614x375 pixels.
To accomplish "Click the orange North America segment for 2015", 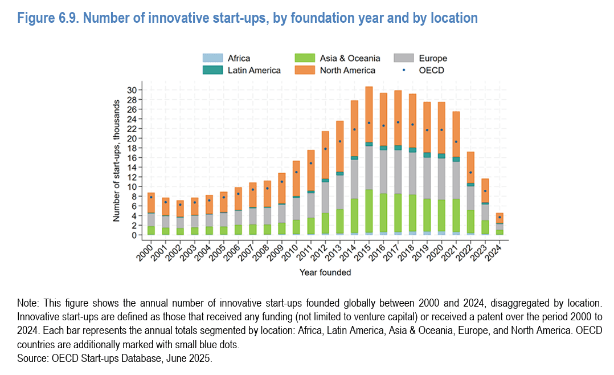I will [369, 114].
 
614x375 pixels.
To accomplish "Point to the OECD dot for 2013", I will [339, 141].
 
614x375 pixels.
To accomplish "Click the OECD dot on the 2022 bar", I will [470, 172].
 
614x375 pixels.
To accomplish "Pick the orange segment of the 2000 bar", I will [151, 202].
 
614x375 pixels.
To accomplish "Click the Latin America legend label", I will [254, 70].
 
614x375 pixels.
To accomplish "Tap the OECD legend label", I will [431, 70].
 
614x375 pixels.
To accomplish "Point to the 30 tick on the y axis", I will [132, 90].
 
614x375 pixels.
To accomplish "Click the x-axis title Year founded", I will [325, 272].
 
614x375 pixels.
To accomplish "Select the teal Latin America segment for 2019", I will [427, 155].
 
